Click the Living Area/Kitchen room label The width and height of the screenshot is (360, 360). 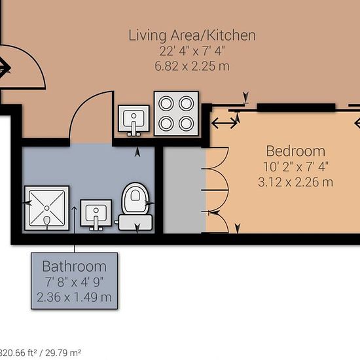click(x=192, y=35)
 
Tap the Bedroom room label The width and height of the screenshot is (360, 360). click(x=296, y=151)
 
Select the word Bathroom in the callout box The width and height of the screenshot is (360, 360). click(x=75, y=266)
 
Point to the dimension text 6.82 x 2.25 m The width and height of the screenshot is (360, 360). click(x=192, y=66)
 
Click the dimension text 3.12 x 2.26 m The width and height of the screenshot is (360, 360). click(x=295, y=182)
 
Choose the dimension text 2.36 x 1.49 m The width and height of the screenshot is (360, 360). click(x=74, y=297)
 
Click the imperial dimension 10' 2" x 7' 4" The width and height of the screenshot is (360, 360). click(x=296, y=167)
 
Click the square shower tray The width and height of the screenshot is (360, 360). click(x=47, y=208)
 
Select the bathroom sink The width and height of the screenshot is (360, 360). click(x=96, y=215)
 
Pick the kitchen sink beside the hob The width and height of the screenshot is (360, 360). click(x=134, y=120)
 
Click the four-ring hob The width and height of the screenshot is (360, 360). click(x=176, y=113)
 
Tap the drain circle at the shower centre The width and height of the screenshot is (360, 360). click(x=47, y=208)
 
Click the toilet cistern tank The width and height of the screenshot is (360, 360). click(x=135, y=223)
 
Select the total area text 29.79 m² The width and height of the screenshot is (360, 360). click(x=63, y=353)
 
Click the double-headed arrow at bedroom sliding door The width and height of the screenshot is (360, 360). click(x=224, y=123)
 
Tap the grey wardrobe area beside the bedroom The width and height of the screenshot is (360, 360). click(x=185, y=190)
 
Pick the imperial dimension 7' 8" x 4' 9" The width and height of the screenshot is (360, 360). click(x=74, y=282)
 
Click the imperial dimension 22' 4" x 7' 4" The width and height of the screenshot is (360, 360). click(x=192, y=51)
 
